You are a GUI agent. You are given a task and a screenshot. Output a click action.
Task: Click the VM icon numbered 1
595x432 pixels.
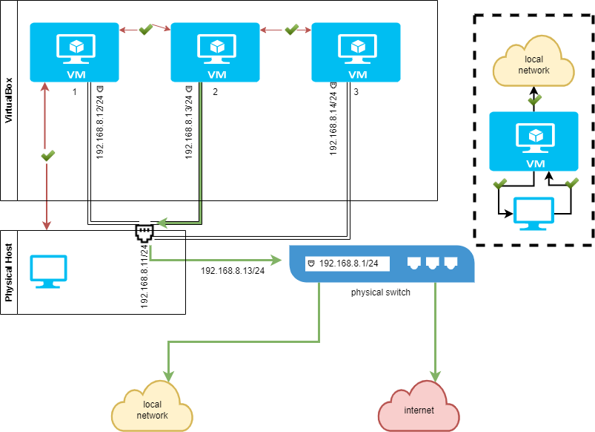pos(75,52)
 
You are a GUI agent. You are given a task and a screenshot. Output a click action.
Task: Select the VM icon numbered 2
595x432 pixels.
pos(216,52)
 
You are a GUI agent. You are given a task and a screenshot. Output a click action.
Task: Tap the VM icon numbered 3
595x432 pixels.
pos(356,52)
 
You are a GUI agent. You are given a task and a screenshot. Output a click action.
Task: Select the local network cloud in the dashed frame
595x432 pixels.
pos(533,65)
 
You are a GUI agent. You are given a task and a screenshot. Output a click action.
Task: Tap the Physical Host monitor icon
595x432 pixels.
pos(48,272)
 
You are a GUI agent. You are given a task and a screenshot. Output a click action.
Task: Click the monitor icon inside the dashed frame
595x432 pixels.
pos(533,214)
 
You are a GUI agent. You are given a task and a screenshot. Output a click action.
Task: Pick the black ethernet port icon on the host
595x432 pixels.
pos(144,235)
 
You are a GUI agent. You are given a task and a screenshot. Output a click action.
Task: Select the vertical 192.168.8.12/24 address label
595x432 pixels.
pos(100,122)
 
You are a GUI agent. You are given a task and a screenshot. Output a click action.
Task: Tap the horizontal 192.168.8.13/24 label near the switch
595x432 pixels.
pos(233,271)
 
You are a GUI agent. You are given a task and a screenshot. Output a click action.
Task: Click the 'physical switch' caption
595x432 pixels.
pos(381,292)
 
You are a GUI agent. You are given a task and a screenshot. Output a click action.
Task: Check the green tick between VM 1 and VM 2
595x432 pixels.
pos(146,30)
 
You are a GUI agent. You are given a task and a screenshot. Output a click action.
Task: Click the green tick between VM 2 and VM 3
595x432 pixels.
pos(291,30)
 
